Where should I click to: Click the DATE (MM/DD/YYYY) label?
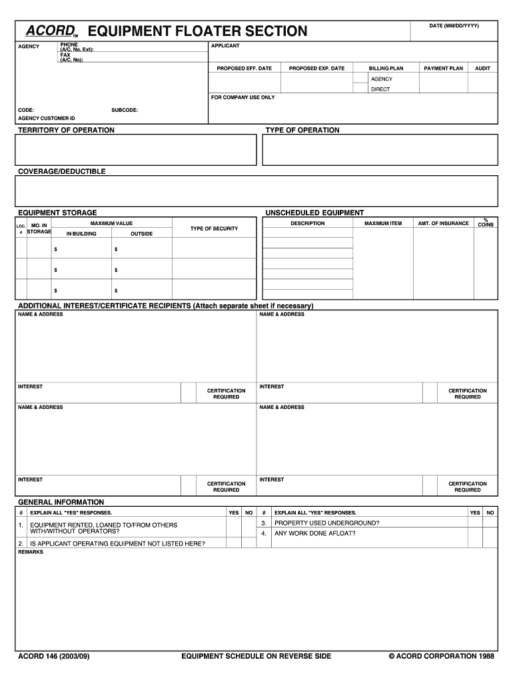(454, 25)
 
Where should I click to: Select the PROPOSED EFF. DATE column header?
(244, 68)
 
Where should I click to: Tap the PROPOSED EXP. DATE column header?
(316, 68)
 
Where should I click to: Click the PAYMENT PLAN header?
(443, 68)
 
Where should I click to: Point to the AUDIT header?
(482, 68)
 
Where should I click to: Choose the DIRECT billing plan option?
(380, 89)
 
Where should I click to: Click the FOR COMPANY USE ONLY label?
(243, 97)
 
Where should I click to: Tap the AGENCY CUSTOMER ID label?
(47, 118)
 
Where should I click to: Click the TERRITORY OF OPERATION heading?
(66, 130)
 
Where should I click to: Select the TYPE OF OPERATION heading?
(302, 130)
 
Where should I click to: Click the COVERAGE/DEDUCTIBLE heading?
(62, 171)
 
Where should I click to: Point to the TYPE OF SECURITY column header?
(214, 228)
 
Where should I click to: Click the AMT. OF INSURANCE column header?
(443, 223)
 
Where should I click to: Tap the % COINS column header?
(486, 222)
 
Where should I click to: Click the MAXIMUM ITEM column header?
(383, 223)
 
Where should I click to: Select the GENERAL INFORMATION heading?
(61, 502)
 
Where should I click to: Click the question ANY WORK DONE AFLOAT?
(315, 533)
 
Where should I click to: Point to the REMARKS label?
(31, 551)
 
